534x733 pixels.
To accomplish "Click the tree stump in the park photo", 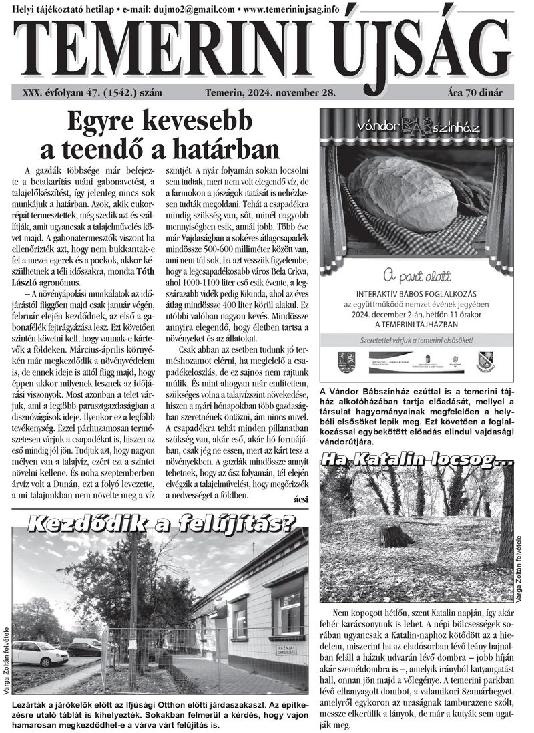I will pos(395,535).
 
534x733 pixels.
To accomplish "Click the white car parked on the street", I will pos(40,653).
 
